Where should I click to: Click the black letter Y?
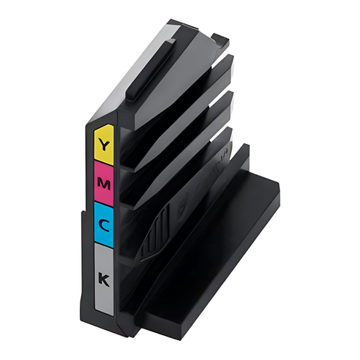pos(104,145)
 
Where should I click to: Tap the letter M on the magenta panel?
pos(104,184)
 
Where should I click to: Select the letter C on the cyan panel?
pos(104,225)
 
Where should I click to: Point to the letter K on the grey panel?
pos(104,280)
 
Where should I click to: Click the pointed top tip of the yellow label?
pos(108,125)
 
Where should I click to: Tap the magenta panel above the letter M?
pos(104,170)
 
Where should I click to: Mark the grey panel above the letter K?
pos(103,258)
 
